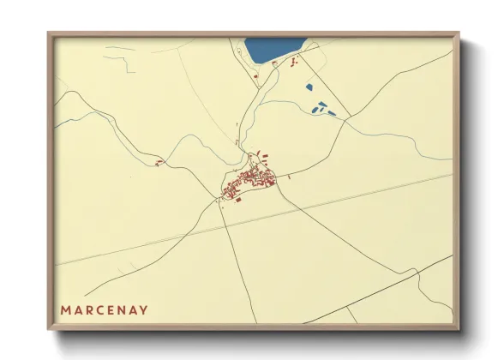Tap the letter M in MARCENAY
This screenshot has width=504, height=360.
[65, 309]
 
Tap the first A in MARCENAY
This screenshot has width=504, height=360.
[78, 309]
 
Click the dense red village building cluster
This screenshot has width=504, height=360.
[248, 183]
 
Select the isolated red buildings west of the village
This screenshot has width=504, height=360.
[158, 162]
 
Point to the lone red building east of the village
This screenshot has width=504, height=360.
[290, 177]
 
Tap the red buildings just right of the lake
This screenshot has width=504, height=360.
[293, 62]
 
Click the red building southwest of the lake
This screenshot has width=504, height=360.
[257, 80]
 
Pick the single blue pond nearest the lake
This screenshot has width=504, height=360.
[309, 86]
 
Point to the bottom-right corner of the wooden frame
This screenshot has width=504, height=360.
[459, 329]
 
